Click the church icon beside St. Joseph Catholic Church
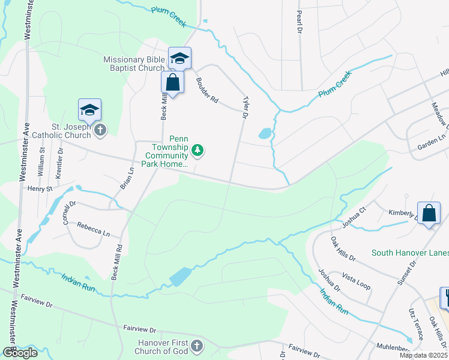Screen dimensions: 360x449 click(100, 130)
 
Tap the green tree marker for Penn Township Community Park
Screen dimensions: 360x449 click(197, 150)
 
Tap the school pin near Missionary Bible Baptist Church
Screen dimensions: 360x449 click(179, 58)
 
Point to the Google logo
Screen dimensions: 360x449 click(19, 353)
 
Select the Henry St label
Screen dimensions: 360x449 click(40, 188)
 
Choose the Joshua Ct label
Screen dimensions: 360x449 click(354, 218)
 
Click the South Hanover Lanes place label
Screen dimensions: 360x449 click(409, 253)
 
